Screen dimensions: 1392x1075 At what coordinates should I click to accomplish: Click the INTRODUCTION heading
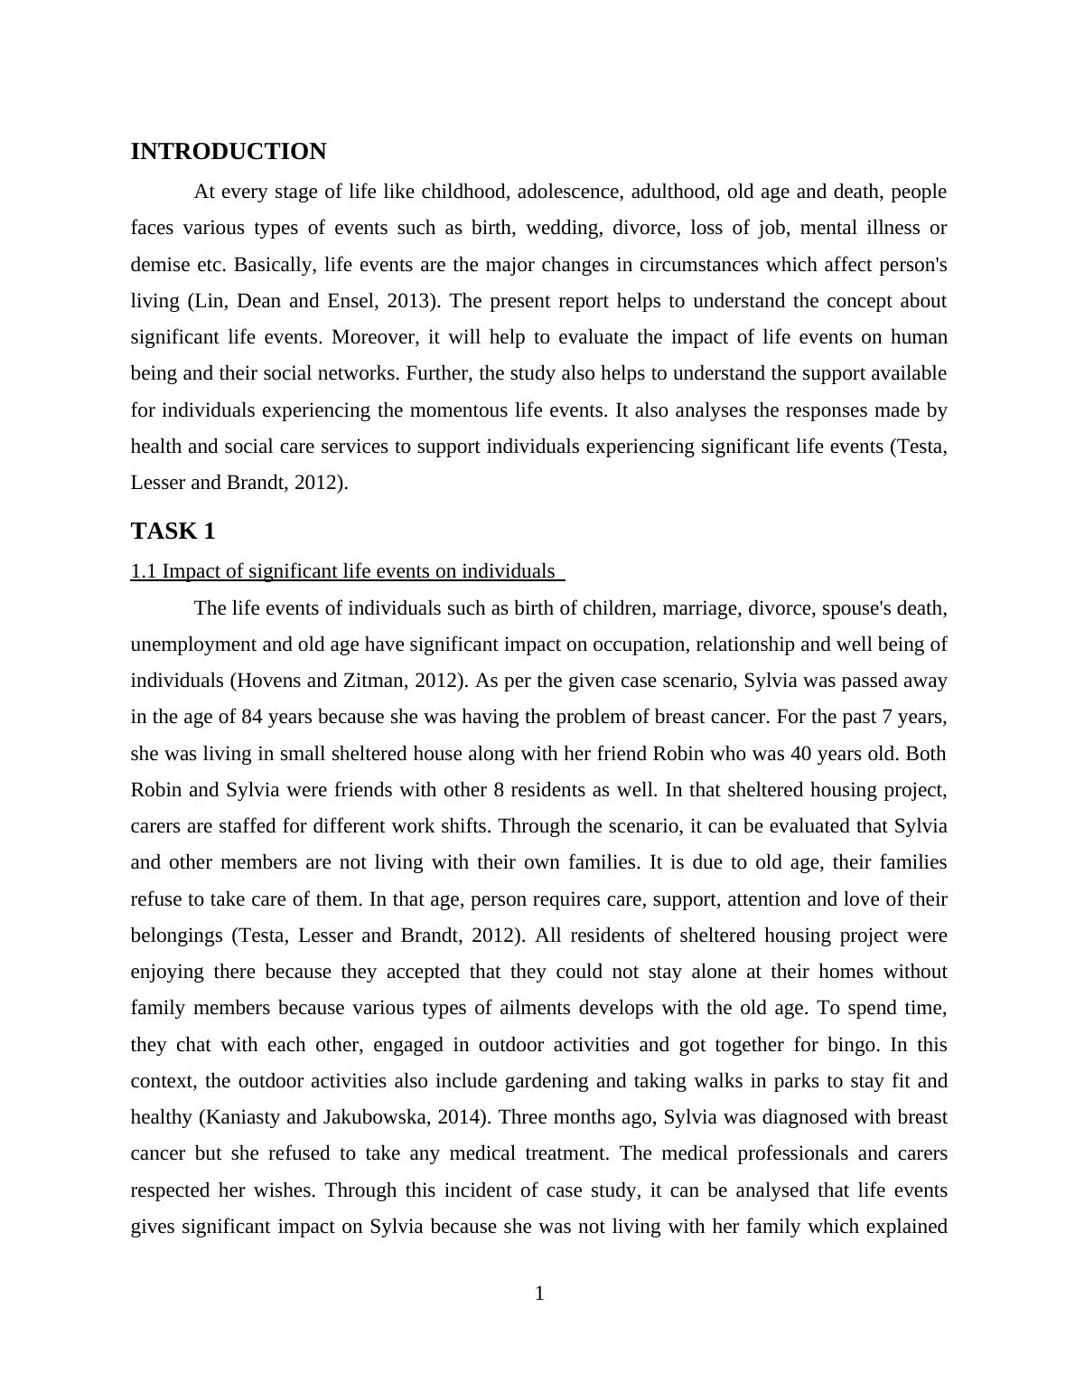coord(229,152)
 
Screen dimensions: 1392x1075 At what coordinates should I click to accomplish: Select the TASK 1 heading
coord(173,531)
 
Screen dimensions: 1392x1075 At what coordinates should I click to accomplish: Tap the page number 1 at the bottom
coord(539,1293)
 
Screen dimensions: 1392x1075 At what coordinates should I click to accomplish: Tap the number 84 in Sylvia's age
coord(251,717)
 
